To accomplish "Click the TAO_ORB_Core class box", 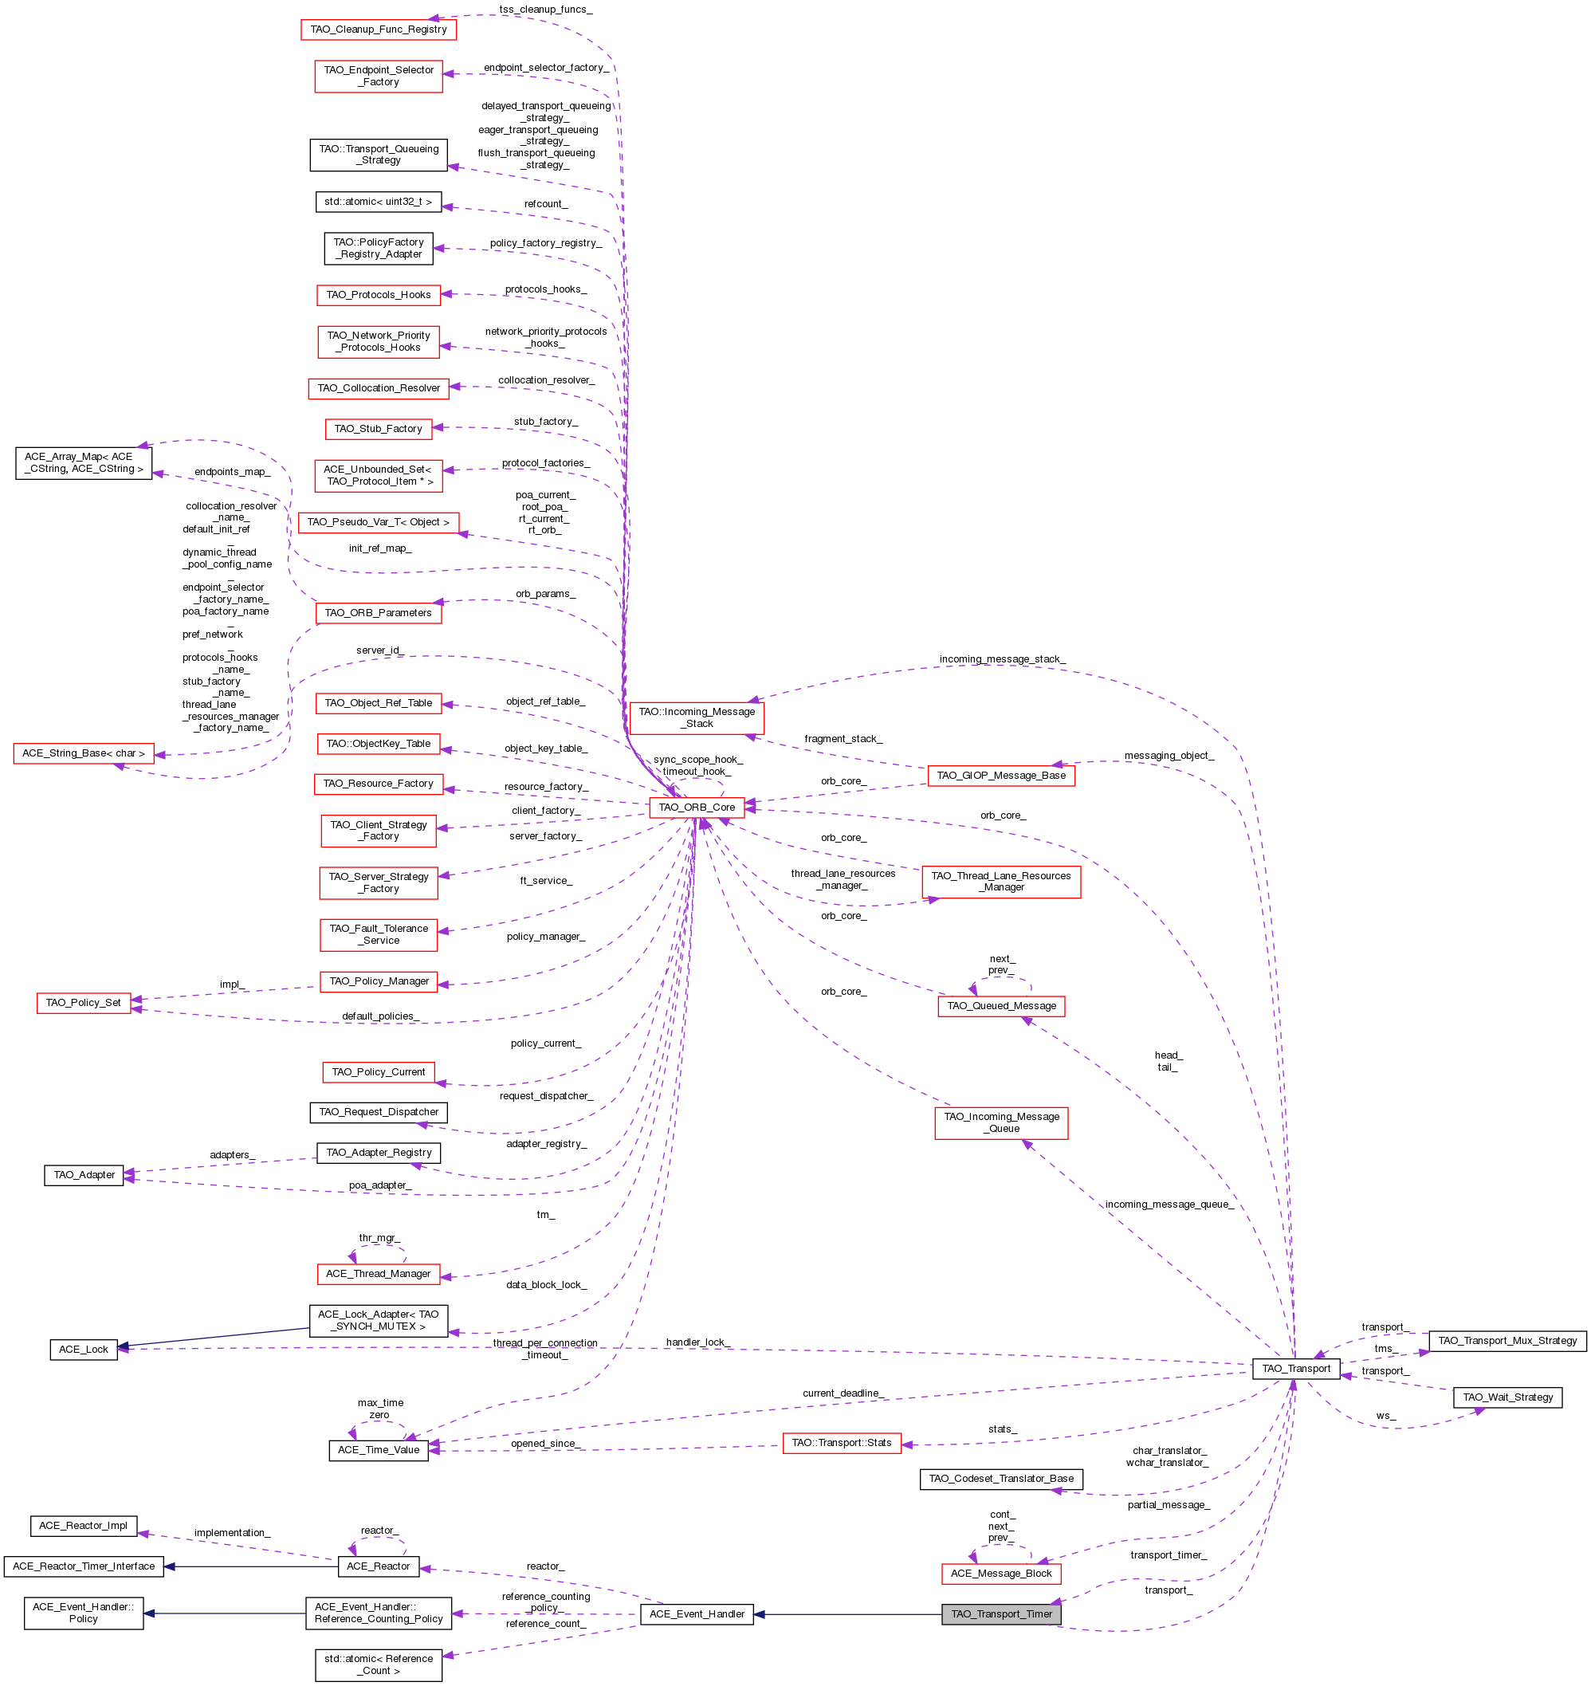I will [697, 808].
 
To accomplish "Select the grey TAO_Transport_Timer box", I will [1000, 1614].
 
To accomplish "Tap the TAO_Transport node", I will [1296, 1368].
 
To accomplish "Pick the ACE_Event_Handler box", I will [697, 1614].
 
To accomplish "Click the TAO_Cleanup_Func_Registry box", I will [379, 29].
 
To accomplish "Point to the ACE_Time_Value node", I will [379, 1449].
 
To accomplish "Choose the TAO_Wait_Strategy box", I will [1507, 1397].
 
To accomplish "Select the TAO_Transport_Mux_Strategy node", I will [1507, 1341].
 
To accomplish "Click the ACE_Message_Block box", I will [1000, 1574].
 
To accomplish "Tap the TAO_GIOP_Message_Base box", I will [1000, 775].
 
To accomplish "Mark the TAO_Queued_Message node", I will [1000, 1006].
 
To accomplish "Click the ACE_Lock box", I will [83, 1350].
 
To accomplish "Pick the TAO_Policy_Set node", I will [83, 1003].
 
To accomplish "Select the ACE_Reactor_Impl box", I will [83, 1526].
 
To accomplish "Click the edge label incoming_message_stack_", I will [1002, 659].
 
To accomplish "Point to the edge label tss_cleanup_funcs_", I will [545, 10].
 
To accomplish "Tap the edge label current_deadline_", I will [843, 1393].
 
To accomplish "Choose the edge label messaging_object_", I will [1169, 756].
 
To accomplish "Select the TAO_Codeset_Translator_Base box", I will [1000, 1478].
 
